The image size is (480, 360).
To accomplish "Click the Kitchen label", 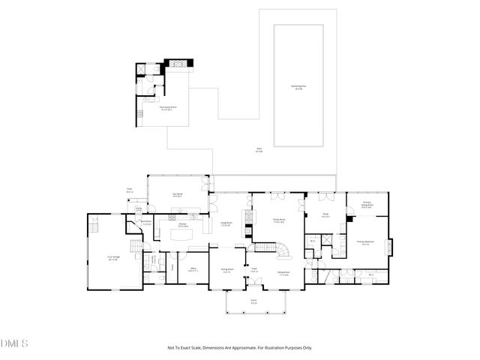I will coord(182,224).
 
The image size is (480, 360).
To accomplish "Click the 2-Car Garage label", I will coord(113,259).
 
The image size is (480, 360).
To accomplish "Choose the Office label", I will coord(193,268).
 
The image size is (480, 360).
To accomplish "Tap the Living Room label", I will coord(225,224).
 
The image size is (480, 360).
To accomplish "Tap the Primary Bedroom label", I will coord(365,244).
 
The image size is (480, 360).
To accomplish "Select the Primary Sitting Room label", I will coord(366,205).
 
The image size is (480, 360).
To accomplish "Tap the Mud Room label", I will coord(147,222).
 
